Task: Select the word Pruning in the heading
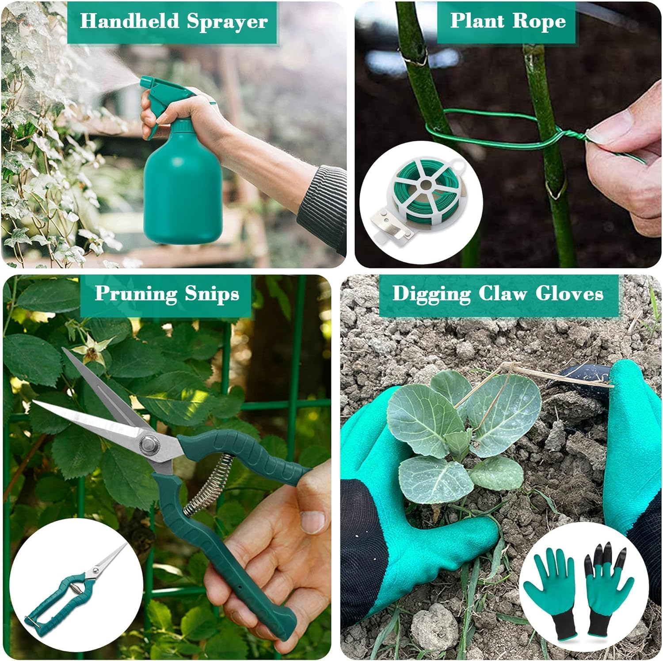(136, 294)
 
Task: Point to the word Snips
(212, 294)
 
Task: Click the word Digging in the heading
(431, 294)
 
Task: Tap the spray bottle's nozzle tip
(143, 82)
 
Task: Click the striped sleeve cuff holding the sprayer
(323, 208)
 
